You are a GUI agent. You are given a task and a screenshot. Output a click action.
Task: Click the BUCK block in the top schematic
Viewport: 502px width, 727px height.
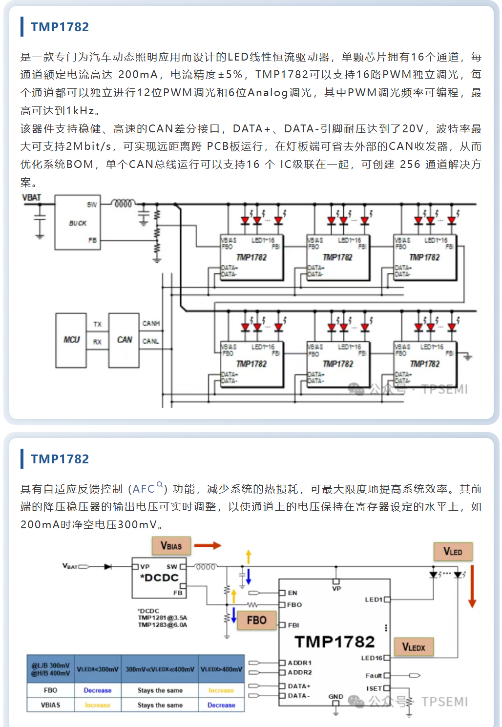coord(78,223)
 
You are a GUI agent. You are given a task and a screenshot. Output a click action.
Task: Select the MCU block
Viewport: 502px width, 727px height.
coord(71,340)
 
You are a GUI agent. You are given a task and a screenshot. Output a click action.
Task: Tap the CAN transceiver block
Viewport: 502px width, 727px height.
coord(124,340)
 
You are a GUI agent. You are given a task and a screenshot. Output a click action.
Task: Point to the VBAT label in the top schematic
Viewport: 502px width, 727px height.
coord(32,198)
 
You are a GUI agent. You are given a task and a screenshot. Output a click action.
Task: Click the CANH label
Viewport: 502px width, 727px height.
coord(151,323)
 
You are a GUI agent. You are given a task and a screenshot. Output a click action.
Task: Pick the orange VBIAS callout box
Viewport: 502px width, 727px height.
coord(171,546)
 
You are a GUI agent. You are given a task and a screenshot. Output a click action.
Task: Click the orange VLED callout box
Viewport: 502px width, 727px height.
coord(453,552)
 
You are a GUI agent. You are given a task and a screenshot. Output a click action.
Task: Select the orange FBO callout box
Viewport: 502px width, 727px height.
coord(256,620)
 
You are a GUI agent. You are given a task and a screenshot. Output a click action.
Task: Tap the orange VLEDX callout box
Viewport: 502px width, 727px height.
coord(414,647)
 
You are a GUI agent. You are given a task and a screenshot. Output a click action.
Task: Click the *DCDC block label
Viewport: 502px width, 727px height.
coord(159,578)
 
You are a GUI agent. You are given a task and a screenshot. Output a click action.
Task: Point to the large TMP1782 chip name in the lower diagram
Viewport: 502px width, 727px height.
coord(335,642)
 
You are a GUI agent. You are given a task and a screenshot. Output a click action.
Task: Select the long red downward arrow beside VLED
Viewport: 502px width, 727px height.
coord(472,586)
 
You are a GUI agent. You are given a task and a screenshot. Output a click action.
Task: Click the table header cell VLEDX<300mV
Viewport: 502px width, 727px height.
coord(98,669)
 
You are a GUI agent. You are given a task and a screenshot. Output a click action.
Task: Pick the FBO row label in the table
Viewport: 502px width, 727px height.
coord(50,690)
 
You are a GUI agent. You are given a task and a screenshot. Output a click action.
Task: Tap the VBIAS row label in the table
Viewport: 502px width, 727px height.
coord(50,705)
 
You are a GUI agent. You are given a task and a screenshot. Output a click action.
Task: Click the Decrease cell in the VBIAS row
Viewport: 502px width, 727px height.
coord(221,705)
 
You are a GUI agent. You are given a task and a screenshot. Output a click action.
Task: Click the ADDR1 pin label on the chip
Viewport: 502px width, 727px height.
coord(299,663)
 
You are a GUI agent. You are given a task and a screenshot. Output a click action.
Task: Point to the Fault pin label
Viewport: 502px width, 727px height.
coord(374,676)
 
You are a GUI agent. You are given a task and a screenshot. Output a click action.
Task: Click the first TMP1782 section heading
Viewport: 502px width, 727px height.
coord(60,27)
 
